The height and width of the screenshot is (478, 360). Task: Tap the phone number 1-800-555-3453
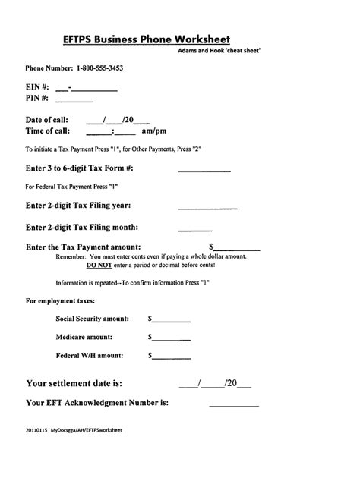94,68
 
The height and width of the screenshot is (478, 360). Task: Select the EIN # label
38,87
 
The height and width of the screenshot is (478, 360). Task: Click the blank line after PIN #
81,99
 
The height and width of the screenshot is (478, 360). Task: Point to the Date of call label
47,120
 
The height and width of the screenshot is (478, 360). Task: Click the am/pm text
154,131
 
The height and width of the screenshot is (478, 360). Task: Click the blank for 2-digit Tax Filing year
207,206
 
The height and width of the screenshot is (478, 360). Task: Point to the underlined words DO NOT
99,266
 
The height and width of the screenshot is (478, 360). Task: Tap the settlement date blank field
214,384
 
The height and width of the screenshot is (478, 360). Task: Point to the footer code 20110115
36,451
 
